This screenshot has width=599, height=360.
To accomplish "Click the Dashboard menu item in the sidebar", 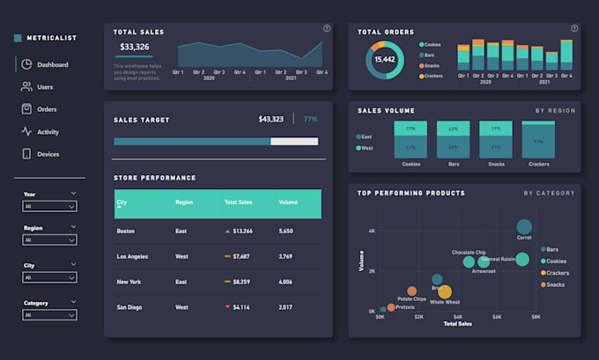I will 52,64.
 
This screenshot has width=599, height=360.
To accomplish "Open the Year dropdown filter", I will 50,206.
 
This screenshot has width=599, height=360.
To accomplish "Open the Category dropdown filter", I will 50,314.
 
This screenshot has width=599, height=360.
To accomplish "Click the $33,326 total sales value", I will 135,47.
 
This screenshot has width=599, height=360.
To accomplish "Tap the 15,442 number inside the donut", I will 385,59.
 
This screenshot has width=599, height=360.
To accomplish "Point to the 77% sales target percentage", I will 310,119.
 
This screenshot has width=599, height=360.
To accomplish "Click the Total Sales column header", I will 238,202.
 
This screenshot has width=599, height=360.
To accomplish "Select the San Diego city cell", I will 129,307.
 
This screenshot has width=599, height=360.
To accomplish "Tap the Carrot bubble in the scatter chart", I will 524,227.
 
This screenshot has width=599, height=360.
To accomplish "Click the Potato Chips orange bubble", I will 412,291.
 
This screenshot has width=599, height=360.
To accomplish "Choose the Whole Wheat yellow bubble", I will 445,292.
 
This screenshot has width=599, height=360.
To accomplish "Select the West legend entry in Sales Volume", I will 366,148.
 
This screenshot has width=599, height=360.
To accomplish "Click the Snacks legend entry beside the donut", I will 433,65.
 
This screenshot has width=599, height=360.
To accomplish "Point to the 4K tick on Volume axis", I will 372,231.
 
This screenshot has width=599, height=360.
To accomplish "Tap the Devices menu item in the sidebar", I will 48,154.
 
